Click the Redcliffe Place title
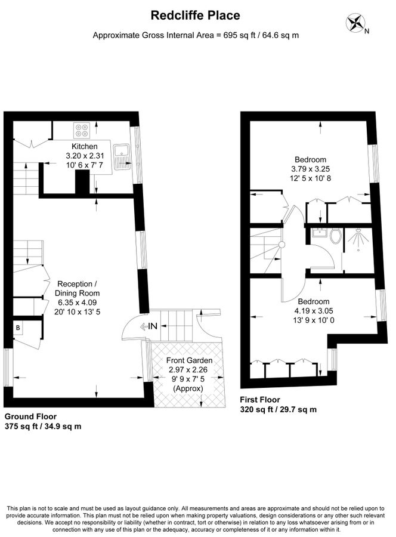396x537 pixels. [196, 16]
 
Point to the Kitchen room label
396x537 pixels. [85, 147]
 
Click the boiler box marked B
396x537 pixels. [18, 328]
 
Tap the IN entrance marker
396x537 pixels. [149, 326]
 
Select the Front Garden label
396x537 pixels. [189, 360]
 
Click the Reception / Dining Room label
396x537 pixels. [78, 288]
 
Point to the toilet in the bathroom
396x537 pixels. [336, 235]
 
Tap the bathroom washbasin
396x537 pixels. [320, 233]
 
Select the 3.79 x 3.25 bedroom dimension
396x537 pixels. [311, 169]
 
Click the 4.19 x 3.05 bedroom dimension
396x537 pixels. [314, 311]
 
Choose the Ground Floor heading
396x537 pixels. [30, 416]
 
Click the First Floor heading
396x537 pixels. [260, 400]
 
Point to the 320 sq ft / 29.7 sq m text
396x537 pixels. [279, 409]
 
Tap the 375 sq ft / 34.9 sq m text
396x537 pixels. [43, 427]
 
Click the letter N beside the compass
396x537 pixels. [367, 32]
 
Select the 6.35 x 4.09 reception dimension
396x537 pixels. [78, 303]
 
